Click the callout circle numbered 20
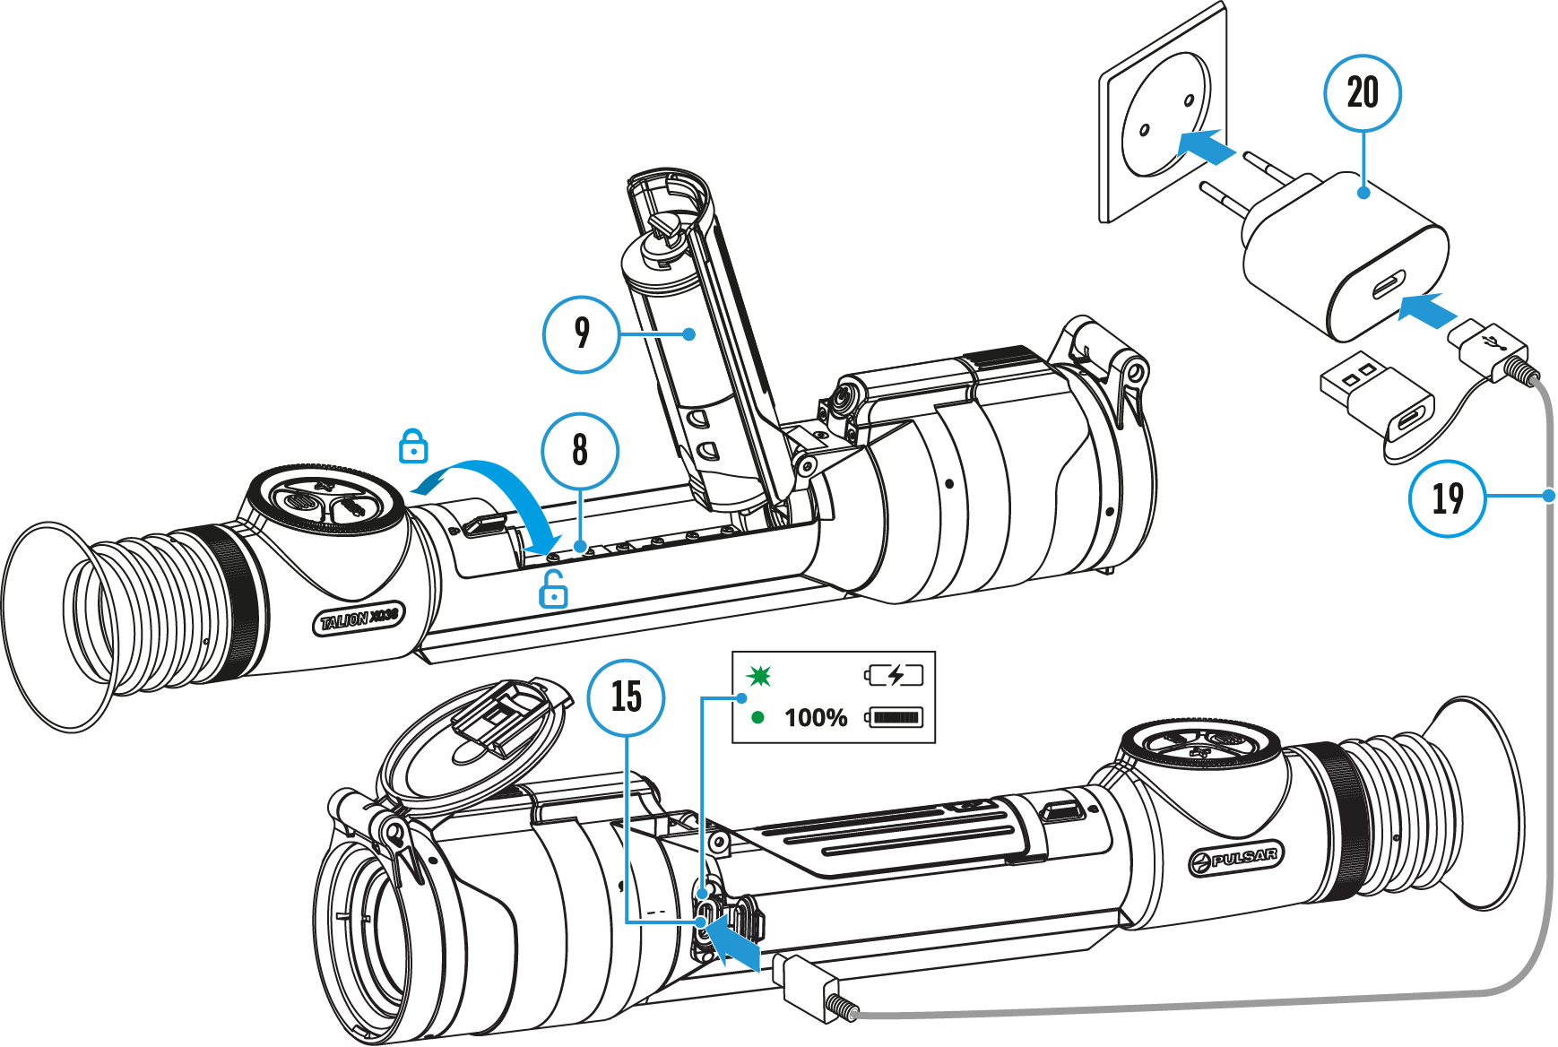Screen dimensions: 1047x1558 point(1362,93)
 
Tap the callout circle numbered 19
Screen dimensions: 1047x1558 point(1447,498)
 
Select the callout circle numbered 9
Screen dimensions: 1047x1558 point(581,334)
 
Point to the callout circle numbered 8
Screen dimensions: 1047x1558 point(580,450)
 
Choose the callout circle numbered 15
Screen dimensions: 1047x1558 point(626,697)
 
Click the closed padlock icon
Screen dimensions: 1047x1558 point(413,446)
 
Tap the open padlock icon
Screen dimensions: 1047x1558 point(554,590)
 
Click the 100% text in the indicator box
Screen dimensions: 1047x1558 point(816,718)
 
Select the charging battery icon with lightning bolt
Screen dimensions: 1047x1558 point(894,675)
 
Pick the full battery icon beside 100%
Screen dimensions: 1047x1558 point(894,717)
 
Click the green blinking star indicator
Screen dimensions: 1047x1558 point(759,675)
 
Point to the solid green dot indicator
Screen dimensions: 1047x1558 point(758,717)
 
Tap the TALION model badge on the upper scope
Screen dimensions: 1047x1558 point(359,619)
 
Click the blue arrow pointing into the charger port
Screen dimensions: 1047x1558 point(1428,310)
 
